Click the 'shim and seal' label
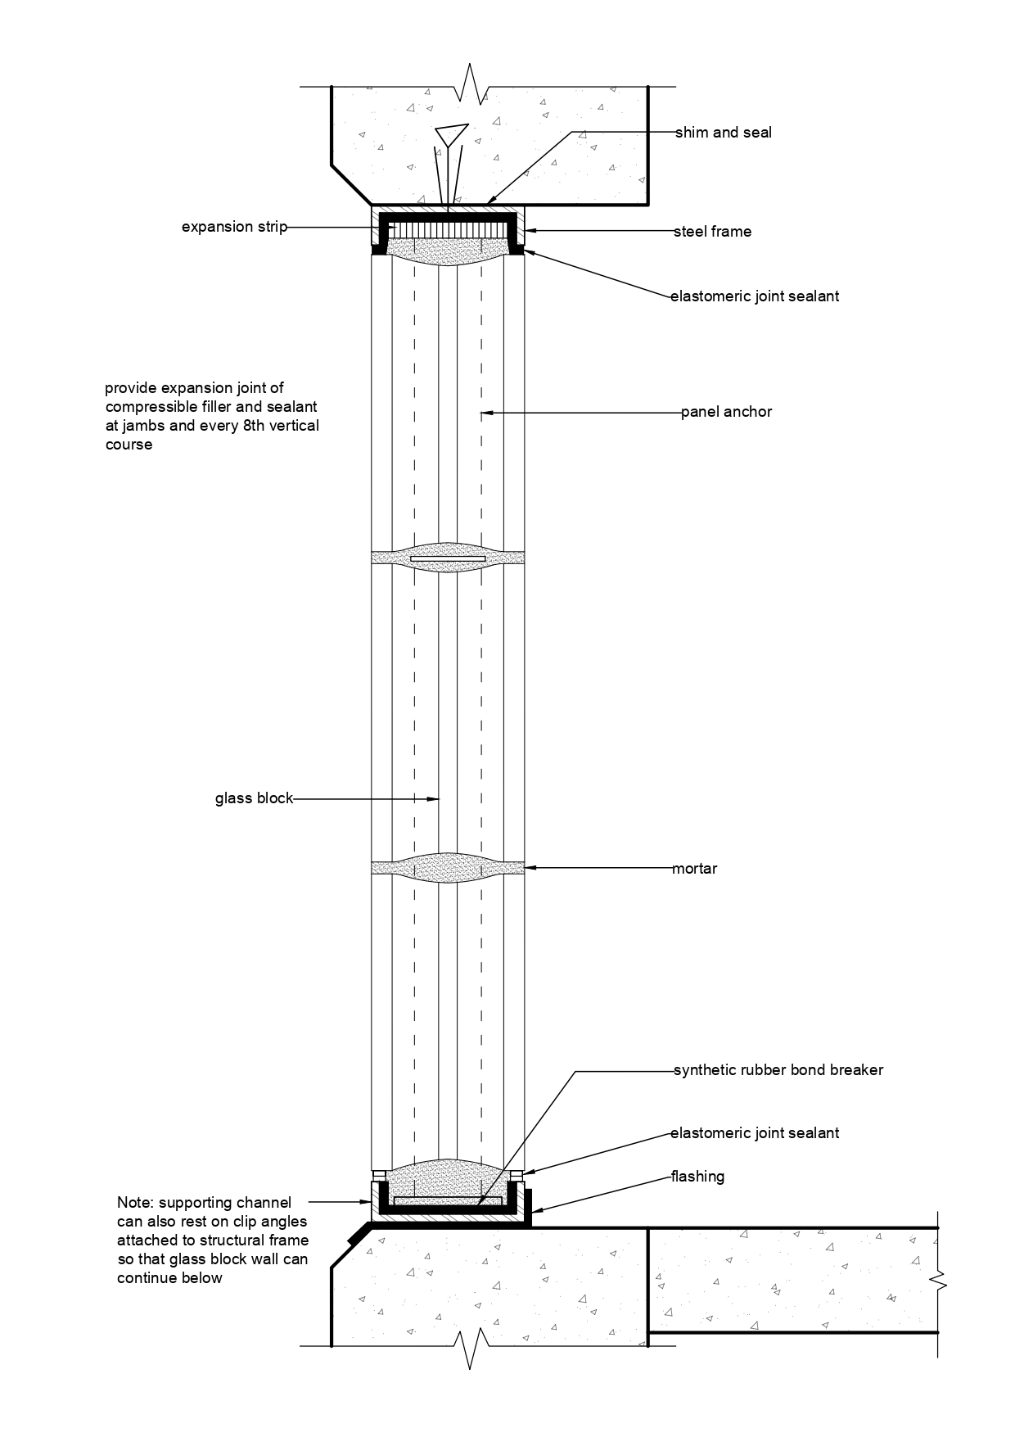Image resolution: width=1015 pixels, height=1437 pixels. [x=723, y=133]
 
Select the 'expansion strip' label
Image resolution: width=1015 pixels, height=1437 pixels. [x=234, y=227]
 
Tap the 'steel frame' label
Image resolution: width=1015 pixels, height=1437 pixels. [x=712, y=232]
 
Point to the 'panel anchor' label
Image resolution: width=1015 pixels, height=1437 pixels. [x=726, y=412]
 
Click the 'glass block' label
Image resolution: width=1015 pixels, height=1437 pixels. [x=254, y=798]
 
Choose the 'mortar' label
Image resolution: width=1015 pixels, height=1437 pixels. [x=694, y=869]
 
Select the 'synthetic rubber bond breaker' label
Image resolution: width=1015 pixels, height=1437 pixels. [x=778, y=1070]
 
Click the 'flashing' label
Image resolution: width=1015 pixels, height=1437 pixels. [x=697, y=1177]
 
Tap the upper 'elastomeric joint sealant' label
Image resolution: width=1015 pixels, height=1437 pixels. [x=754, y=296]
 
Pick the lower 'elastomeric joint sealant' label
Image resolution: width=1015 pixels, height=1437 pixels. [x=754, y=1134]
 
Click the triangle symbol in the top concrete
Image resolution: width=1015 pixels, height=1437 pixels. [x=451, y=134]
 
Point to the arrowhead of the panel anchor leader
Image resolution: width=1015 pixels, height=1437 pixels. [x=486, y=413]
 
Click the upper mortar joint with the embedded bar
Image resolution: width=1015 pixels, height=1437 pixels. [x=448, y=558]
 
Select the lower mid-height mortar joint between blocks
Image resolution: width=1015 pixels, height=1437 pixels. [x=448, y=868]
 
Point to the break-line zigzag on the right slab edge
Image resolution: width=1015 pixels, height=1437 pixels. [x=939, y=1281]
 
